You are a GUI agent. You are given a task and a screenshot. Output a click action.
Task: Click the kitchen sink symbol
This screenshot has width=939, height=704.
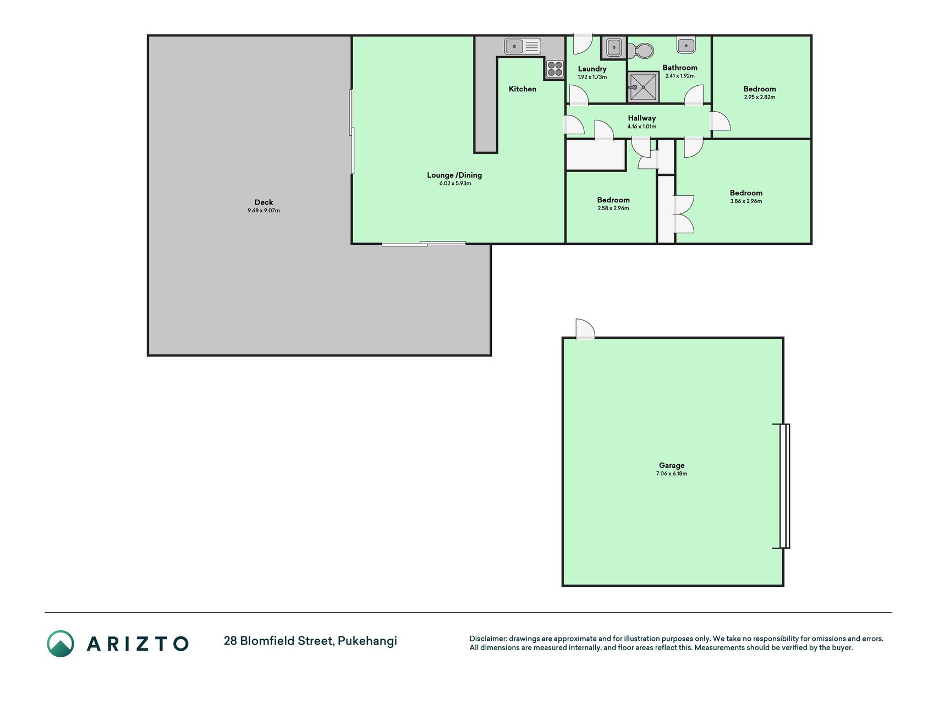click(523, 46)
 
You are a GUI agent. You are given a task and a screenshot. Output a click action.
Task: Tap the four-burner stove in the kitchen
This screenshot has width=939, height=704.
click(555, 69)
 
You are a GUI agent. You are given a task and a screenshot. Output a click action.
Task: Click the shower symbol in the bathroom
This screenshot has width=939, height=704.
click(643, 87)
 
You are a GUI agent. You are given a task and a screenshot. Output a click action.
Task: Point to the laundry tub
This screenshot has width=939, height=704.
click(613, 48)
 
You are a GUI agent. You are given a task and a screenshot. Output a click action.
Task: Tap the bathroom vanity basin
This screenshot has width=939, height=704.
click(686, 45)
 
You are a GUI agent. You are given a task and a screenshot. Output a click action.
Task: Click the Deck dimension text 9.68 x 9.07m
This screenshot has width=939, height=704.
click(263, 211)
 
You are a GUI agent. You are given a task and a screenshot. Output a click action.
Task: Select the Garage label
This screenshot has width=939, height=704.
click(672, 465)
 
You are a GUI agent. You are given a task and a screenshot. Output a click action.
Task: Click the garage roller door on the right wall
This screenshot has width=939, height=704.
click(784, 486)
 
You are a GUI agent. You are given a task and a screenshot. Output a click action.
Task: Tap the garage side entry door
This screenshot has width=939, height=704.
click(585, 329)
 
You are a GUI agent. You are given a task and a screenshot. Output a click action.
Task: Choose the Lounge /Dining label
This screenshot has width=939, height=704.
click(454, 175)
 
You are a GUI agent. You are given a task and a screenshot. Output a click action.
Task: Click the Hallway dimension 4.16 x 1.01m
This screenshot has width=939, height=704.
click(642, 127)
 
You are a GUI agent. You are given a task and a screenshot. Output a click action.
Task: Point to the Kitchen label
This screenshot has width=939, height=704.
click(523, 89)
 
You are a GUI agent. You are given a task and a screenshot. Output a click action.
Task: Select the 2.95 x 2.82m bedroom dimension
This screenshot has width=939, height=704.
click(760, 97)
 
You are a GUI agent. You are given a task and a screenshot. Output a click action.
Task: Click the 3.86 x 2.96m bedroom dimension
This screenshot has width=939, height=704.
click(746, 201)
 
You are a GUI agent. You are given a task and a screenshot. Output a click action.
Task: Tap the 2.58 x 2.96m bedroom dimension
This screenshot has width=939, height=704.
click(613, 208)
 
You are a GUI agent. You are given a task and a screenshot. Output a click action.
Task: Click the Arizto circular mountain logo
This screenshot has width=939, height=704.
click(61, 643)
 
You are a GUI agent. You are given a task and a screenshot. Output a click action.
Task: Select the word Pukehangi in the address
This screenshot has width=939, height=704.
click(367, 641)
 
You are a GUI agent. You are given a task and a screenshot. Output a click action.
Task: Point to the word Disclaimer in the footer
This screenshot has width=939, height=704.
click(487, 639)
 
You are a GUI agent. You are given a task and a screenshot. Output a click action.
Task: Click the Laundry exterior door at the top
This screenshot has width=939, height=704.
click(582, 44)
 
